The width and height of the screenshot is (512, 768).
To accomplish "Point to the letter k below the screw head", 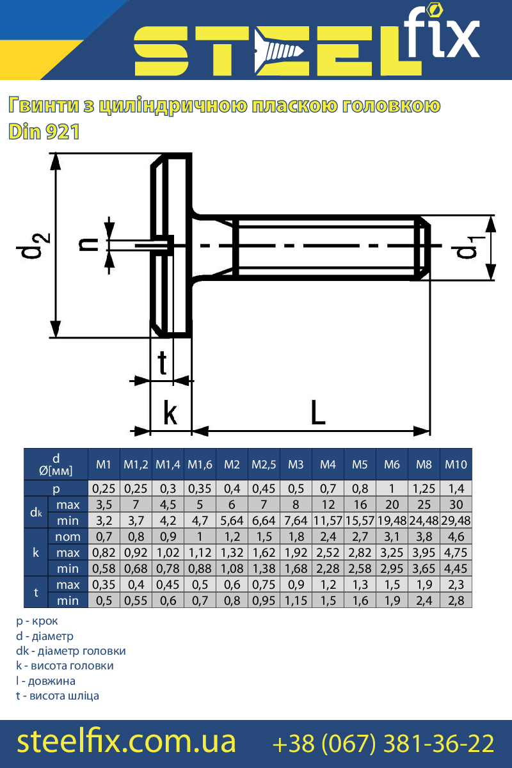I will click(170, 413).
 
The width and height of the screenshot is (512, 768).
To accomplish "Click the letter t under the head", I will click(163, 364).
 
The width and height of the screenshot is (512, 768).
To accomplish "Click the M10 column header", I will click(456, 464).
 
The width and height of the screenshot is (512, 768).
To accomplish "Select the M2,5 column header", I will click(264, 464).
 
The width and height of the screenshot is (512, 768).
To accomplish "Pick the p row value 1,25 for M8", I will click(424, 488).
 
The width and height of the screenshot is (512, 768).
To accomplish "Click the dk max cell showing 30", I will click(456, 504).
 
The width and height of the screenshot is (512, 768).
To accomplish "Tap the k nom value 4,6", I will click(456, 536).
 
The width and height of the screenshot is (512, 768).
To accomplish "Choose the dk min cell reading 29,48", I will click(456, 520).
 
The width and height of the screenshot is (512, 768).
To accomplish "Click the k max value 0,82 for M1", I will click(104, 552).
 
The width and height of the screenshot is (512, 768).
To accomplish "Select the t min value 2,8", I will click(456, 600).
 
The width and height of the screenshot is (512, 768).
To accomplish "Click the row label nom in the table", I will click(68, 536).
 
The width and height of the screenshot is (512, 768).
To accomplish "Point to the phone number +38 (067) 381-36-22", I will click(383, 743).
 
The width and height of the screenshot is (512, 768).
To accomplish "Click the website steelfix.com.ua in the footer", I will click(126, 742).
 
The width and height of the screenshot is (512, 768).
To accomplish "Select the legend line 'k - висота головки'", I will click(65, 666).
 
